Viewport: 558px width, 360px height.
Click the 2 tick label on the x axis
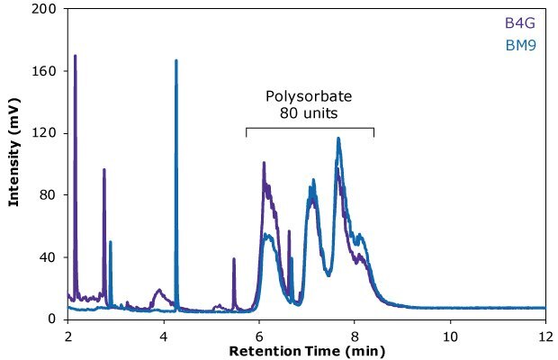pyautogui.click(x=68, y=333)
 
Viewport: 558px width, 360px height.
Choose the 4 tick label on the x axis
pyautogui.click(x=164, y=333)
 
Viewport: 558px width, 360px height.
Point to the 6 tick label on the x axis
pyautogui.click(x=259, y=333)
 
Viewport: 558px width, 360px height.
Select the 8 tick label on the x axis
pyautogui.click(x=355, y=333)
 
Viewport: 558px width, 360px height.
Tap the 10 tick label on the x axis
pyautogui.click(x=449, y=333)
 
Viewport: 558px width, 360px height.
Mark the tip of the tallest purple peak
pyautogui.click(x=75, y=56)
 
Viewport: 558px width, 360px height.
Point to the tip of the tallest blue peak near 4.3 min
pyautogui.click(x=175, y=60)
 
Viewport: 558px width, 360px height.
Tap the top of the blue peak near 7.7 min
pyautogui.click(x=338, y=139)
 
